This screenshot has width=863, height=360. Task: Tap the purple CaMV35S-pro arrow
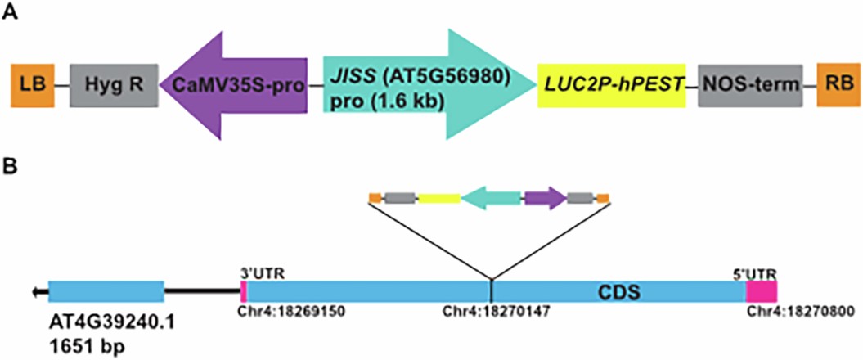coord(233,84)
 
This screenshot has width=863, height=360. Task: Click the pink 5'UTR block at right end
coord(761,291)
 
